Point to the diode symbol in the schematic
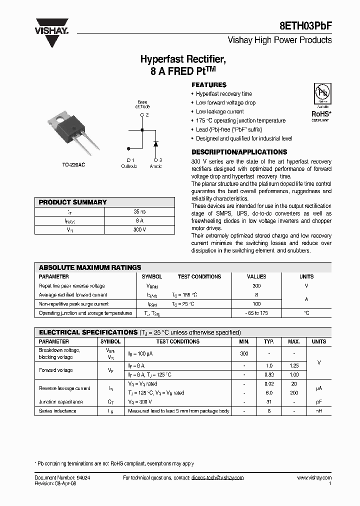pyautogui.click(x=155, y=143)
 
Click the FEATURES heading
pyautogui.click(x=209, y=85)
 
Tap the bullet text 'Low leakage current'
pyautogui.click(x=219, y=112)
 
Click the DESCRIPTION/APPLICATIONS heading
pyautogui.click(x=239, y=152)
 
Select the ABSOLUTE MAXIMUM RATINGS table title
pyautogui.click(x=90, y=267)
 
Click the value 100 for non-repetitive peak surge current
pyautogui.click(x=256, y=304)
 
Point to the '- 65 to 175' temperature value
pyautogui.click(x=256, y=313)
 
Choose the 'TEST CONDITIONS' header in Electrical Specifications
pyautogui.click(x=177, y=341)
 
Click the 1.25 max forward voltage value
pyautogui.click(x=294, y=366)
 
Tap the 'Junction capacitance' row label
pyautogui.click(x=61, y=402)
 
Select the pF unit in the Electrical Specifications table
pyautogui.click(x=318, y=402)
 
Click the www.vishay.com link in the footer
pyautogui.click(x=313, y=478)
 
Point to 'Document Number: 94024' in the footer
pyautogui.click(x=62, y=478)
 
